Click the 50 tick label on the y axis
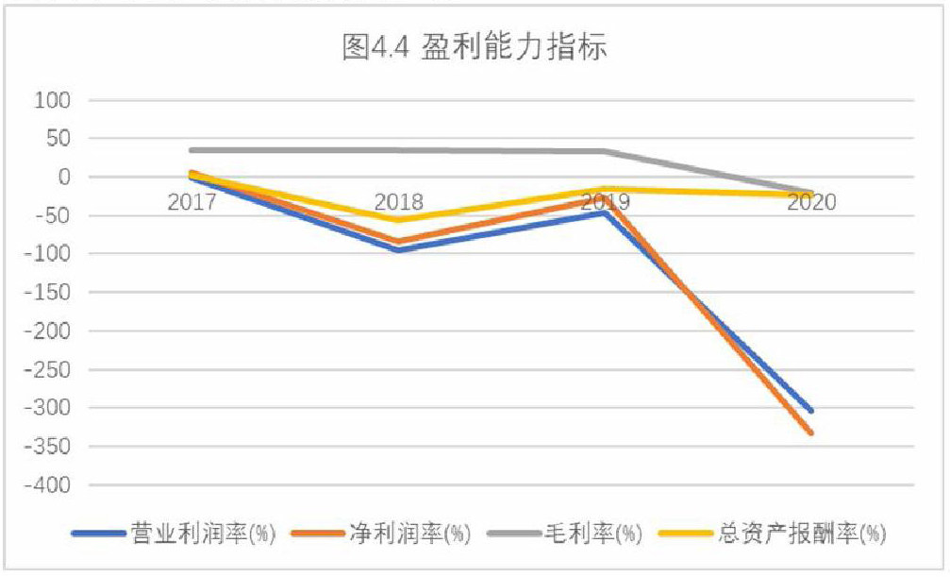[x=58, y=139]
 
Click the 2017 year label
[x=192, y=201]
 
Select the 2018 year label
[x=399, y=201]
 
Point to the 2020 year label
[x=811, y=201]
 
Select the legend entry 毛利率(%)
[x=584, y=535]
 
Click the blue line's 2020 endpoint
[x=811, y=411]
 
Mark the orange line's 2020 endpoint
[x=811, y=433]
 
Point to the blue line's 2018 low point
[x=399, y=250]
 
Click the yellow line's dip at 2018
[x=399, y=220]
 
